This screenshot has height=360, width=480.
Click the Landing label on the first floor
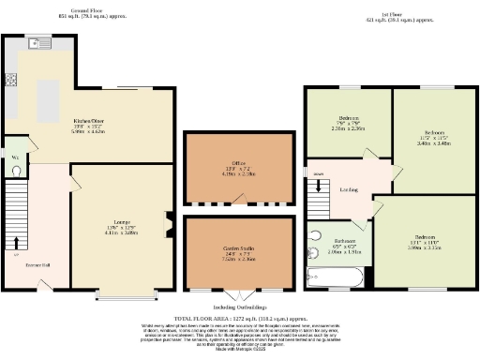pyautogui.click(x=346, y=187)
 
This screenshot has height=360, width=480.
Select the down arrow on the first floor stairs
pyautogui.click(x=319, y=173)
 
